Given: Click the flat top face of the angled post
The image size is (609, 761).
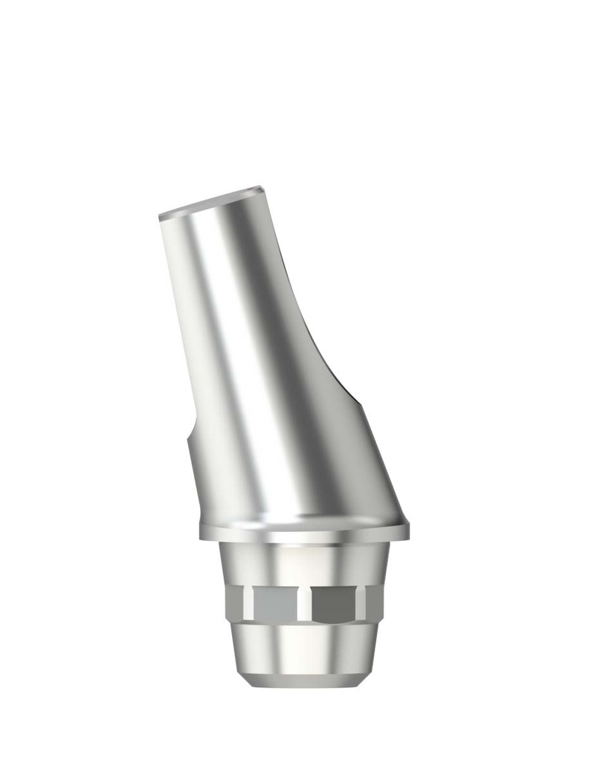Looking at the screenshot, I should point(212,201).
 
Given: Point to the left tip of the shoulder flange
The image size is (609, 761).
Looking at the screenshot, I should point(202,533).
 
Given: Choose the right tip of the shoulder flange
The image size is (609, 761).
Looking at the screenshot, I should point(407,530).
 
